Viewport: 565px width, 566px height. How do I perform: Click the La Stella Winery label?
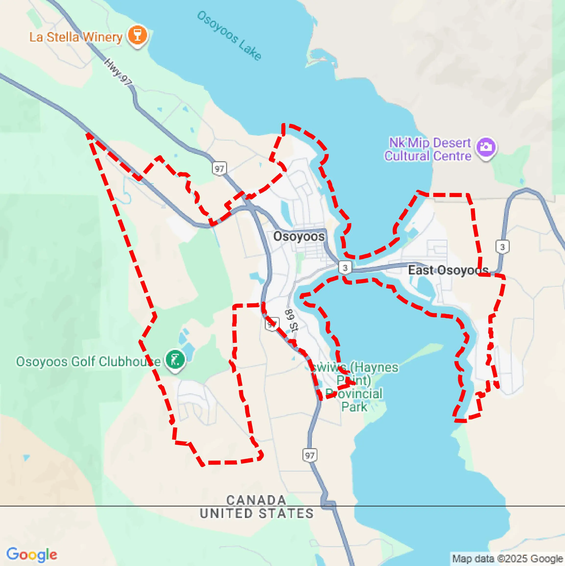coord(76,37)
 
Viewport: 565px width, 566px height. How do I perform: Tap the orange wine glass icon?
coord(138,36)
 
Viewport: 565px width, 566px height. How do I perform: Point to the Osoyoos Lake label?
coord(229,36)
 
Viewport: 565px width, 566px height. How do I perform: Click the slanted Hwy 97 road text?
coord(118,72)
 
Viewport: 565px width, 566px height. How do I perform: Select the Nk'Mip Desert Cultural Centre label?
coord(428,149)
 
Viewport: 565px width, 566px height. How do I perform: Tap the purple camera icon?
coord(486,147)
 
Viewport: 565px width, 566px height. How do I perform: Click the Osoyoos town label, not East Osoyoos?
coord(299,236)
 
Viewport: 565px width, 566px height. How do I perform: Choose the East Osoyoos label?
coord(448,270)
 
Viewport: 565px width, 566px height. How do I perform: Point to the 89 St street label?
coord(291,320)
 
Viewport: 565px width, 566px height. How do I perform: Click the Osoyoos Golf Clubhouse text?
coord(88,361)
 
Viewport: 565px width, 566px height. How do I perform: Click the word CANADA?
coord(256,500)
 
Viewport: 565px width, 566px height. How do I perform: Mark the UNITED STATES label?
coord(257,514)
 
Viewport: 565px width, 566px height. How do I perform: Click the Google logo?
coord(32,554)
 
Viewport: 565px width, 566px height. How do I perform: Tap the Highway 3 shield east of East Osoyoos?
coord(502,247)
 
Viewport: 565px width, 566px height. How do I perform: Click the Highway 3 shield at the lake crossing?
coord(345,268)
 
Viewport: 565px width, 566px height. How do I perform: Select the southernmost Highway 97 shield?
coord(310,455)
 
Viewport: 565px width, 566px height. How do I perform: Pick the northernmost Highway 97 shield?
coord(219,169)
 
